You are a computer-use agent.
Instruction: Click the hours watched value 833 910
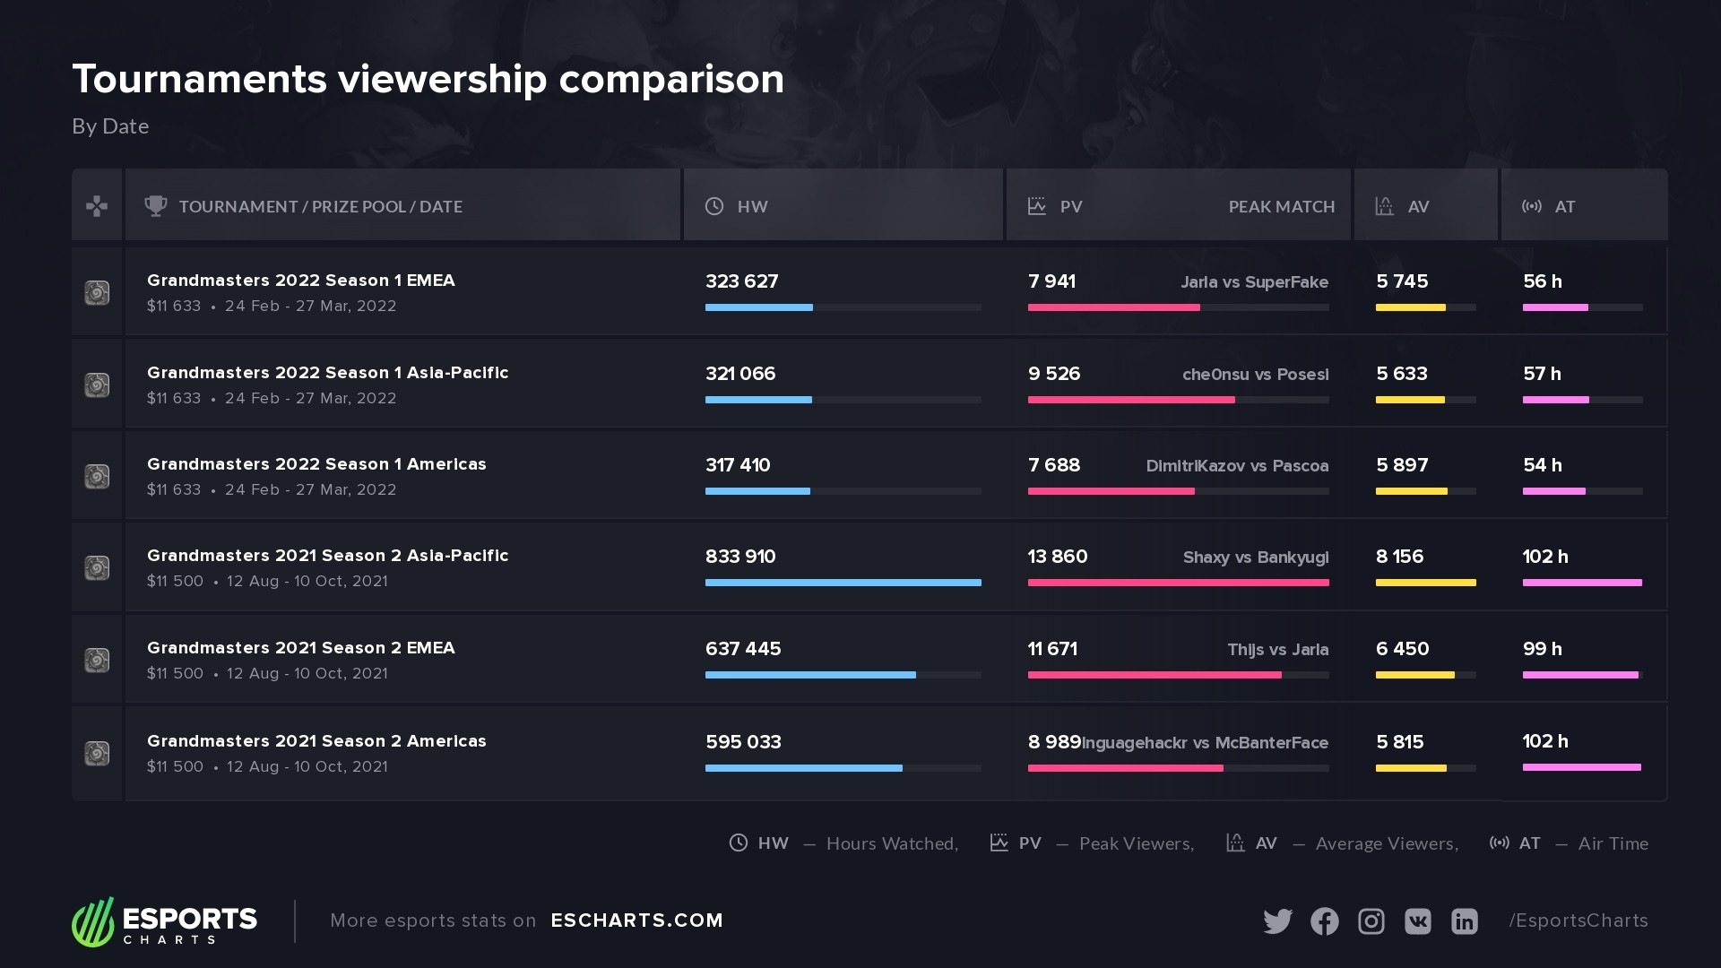(x=740, y=557)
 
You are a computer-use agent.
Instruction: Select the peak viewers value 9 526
(x=1054, y=374)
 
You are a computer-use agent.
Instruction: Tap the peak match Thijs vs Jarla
(x=1277, y=650)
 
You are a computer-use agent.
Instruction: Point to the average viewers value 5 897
(x=1402, y=465)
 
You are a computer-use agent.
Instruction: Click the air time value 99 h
(x=1542, y=649)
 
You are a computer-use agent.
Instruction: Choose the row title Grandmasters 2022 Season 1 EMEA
(x=300, y=281)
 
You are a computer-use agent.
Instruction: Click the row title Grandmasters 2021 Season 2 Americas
(x=316, y=741)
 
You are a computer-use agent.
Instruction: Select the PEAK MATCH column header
(x=1281, y=207)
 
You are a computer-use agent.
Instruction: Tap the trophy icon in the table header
(x=156, y=206)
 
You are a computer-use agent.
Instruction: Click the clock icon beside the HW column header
(x=714, y=206)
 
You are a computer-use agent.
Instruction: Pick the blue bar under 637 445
(x=810, y=675)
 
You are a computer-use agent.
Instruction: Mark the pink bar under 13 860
(x=1178, y=583)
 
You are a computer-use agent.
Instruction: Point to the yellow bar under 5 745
(x=1410, y=307)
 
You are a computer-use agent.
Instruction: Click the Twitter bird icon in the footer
(x=1277, y=921)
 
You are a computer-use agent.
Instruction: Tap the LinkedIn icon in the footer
(x=1464, y=921)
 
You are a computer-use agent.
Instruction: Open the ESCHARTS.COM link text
(x=636, y=920)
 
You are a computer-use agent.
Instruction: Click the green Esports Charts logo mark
(x=93, y=921)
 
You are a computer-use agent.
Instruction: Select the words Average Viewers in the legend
(x=1386, y=843)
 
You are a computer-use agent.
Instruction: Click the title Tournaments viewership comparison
(x=428, y=79)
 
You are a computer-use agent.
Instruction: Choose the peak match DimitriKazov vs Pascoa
(x=1237, y=466)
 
